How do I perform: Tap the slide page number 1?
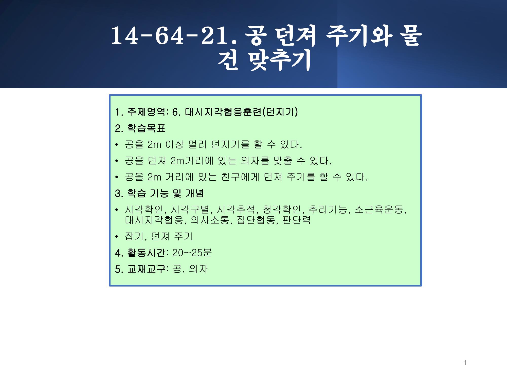465,363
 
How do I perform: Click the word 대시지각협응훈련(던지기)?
241,112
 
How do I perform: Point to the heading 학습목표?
146,128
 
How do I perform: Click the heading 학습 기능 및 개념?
166,193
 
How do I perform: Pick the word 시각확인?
144,210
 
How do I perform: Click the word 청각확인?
282,210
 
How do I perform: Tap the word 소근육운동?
378,210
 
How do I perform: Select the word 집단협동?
256,220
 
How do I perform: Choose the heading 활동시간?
146,253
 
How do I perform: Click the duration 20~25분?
192,253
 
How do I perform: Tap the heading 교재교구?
146,269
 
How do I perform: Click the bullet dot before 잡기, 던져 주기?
117,237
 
